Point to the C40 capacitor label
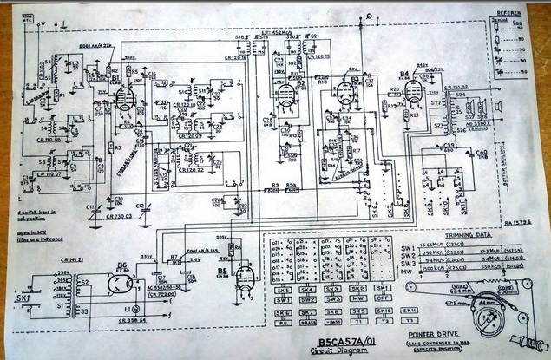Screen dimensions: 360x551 pos(482,153)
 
